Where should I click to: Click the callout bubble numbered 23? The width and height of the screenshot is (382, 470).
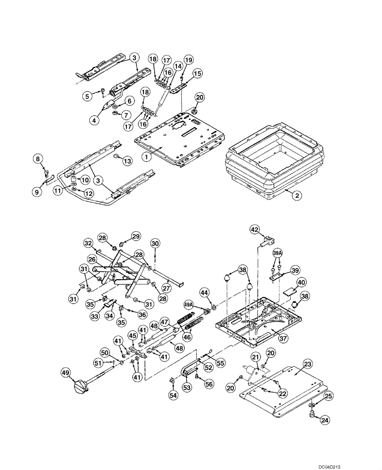295,363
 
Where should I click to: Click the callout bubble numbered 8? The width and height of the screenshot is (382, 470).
38,159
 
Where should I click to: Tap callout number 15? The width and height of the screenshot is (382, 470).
197,73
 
